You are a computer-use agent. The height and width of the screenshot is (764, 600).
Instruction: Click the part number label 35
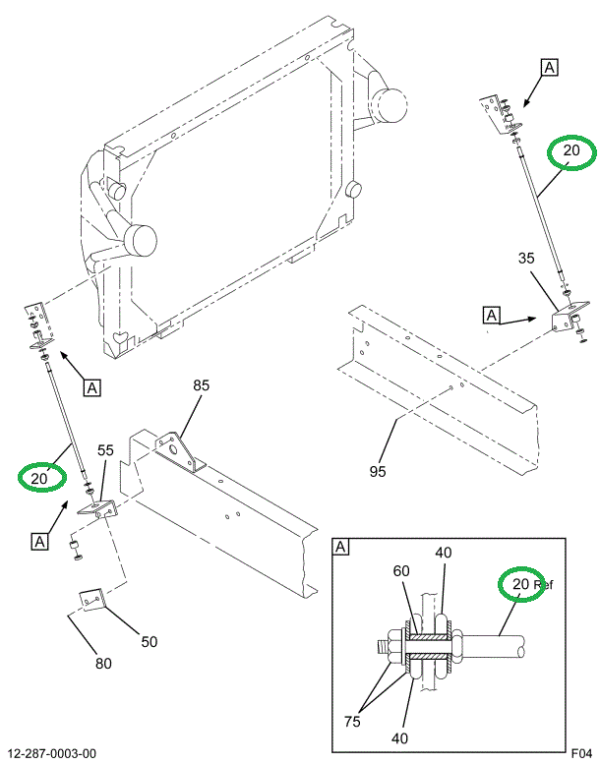pyautogui.click(x=526, y=260)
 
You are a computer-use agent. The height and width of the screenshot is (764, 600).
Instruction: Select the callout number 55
pyautogui.click(x=105, y=451)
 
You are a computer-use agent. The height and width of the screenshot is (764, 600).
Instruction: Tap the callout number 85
pyautogui.click(x=201, y=386)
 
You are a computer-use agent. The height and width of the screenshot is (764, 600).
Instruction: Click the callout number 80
pyautogui.click(x=103, y=663)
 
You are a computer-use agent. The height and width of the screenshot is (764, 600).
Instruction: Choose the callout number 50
pyautogui.click(x=149, y=642)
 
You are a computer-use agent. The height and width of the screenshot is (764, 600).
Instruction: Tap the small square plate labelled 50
pyautogui.click(x=91, y=599)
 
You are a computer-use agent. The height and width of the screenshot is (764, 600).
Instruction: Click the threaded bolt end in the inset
pyautogui.click(x=380, y=647)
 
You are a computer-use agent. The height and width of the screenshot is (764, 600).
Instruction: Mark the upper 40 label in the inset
pyautogui.click(x=443, y=554)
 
